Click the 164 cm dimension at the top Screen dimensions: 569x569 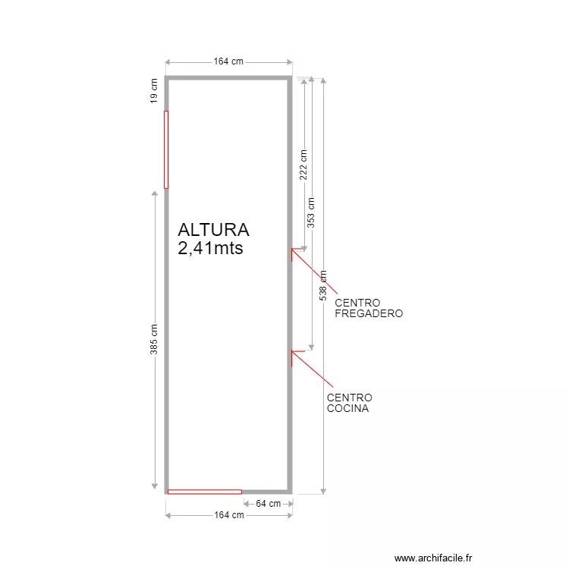[228, 61]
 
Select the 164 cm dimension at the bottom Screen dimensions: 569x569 [229, 515]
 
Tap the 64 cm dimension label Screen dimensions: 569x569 [268, 504]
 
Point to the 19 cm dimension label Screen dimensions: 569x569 [154, 91]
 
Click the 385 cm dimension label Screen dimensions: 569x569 [154, 339]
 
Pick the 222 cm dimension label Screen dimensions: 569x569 [303, 165]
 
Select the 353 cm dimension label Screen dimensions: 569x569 [311, 212]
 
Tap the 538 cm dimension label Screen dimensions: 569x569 [323, 285]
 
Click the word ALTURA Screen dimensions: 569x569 [213, 230]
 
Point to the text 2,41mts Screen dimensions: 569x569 [210, 248]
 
